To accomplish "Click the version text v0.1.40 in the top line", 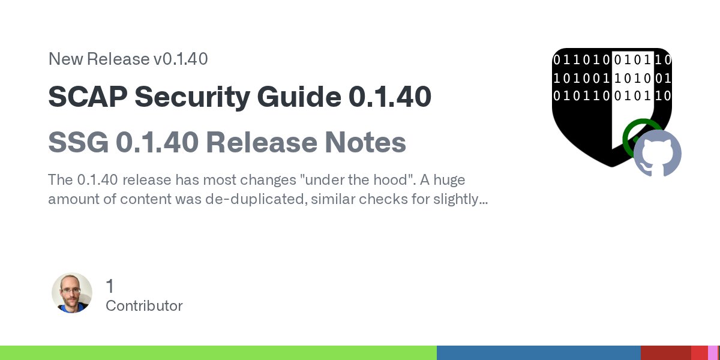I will coord(179,59).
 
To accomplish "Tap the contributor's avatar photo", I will coord(72,293).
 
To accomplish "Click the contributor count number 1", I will coord(110,286).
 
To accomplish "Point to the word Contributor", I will coord(144,306).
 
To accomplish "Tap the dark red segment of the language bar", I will coord(665,353).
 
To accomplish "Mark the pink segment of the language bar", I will coord(712,353).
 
